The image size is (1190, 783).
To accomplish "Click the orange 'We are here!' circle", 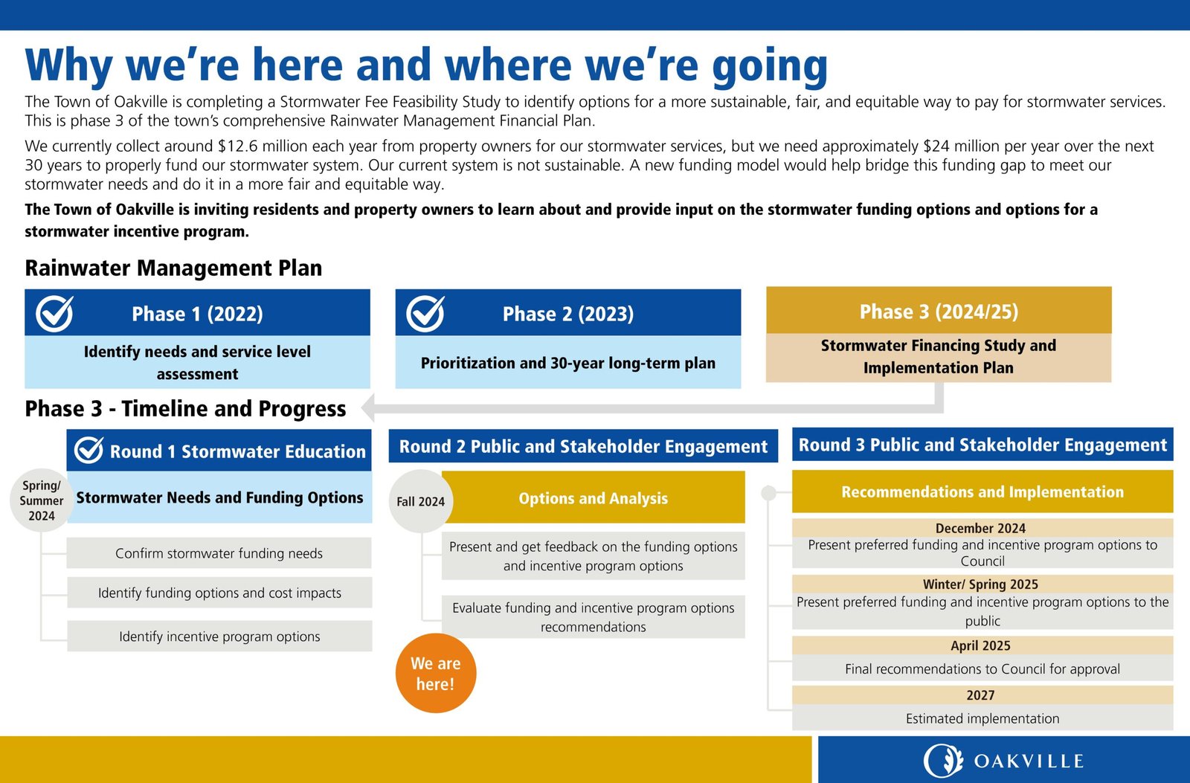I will (x=435, y=673).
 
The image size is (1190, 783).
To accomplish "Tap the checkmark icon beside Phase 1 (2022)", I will (x=55, y=313).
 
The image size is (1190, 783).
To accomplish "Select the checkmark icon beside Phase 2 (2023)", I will (x=425, y=313).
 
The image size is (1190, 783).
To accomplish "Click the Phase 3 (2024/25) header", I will (x=939, y=312).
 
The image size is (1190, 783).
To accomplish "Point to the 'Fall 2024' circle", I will (x=420, y=501).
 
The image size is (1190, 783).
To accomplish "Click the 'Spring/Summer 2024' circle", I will (x=42, y=500).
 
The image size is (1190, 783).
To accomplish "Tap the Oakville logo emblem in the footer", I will (x=943, y=761).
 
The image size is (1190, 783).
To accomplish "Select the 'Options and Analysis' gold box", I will (x=594, y=498).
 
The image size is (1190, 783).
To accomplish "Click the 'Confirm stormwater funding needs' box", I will (x=219, y=553).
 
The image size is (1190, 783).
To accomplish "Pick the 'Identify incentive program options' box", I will (x=219, y=637).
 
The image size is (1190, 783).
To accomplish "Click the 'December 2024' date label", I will (x=980, y=528).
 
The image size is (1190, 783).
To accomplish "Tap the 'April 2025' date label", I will (x=980, y=645).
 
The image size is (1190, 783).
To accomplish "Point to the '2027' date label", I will (x=980, y=695).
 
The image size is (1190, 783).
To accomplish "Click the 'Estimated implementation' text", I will (x=982, y=718).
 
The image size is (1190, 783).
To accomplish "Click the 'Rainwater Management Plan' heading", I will (x=173, y=268).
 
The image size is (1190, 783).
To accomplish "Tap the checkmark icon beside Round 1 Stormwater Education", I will (x=89, y=450).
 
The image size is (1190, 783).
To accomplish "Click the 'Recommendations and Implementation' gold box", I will (x=982, y=492).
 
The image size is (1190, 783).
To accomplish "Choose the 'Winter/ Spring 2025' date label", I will (x=980, y=584).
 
